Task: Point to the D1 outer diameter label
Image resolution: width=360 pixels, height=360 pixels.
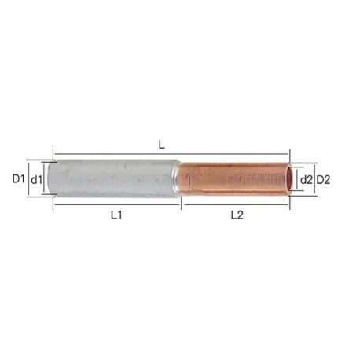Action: [x=19, y=179]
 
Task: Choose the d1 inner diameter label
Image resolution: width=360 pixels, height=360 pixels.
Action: [x=36, y=179]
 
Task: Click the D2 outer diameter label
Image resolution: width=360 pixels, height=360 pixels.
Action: [x=322, y=179]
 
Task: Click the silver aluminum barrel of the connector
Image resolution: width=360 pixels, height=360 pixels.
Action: [x=110, y=177]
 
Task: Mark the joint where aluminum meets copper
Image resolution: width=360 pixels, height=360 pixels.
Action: [x=177, y=178]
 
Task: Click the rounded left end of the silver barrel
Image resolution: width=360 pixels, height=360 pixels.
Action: [x=50, y=177]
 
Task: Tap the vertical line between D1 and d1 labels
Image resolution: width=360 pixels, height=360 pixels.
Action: [x=28, y=179]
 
